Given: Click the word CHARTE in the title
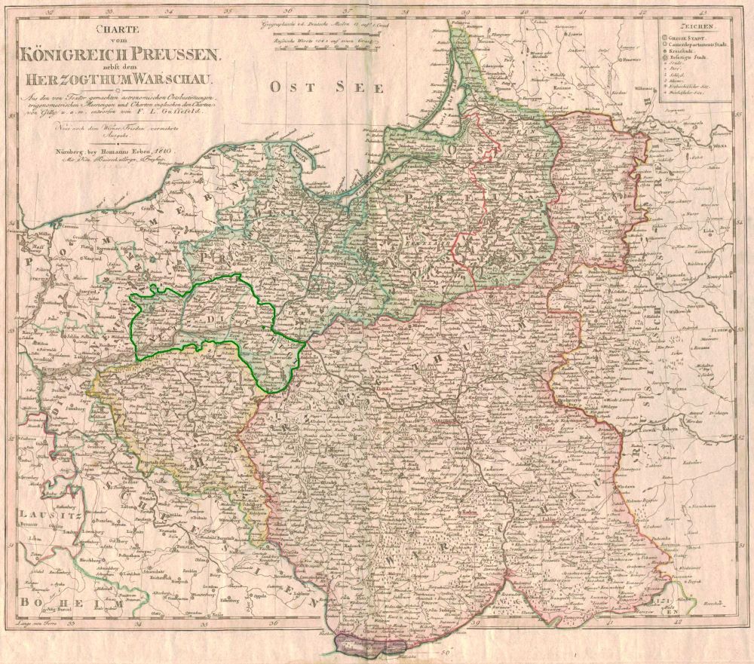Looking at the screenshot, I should [x=124, y=30].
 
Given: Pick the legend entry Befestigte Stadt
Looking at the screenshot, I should [x=682, y=58].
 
